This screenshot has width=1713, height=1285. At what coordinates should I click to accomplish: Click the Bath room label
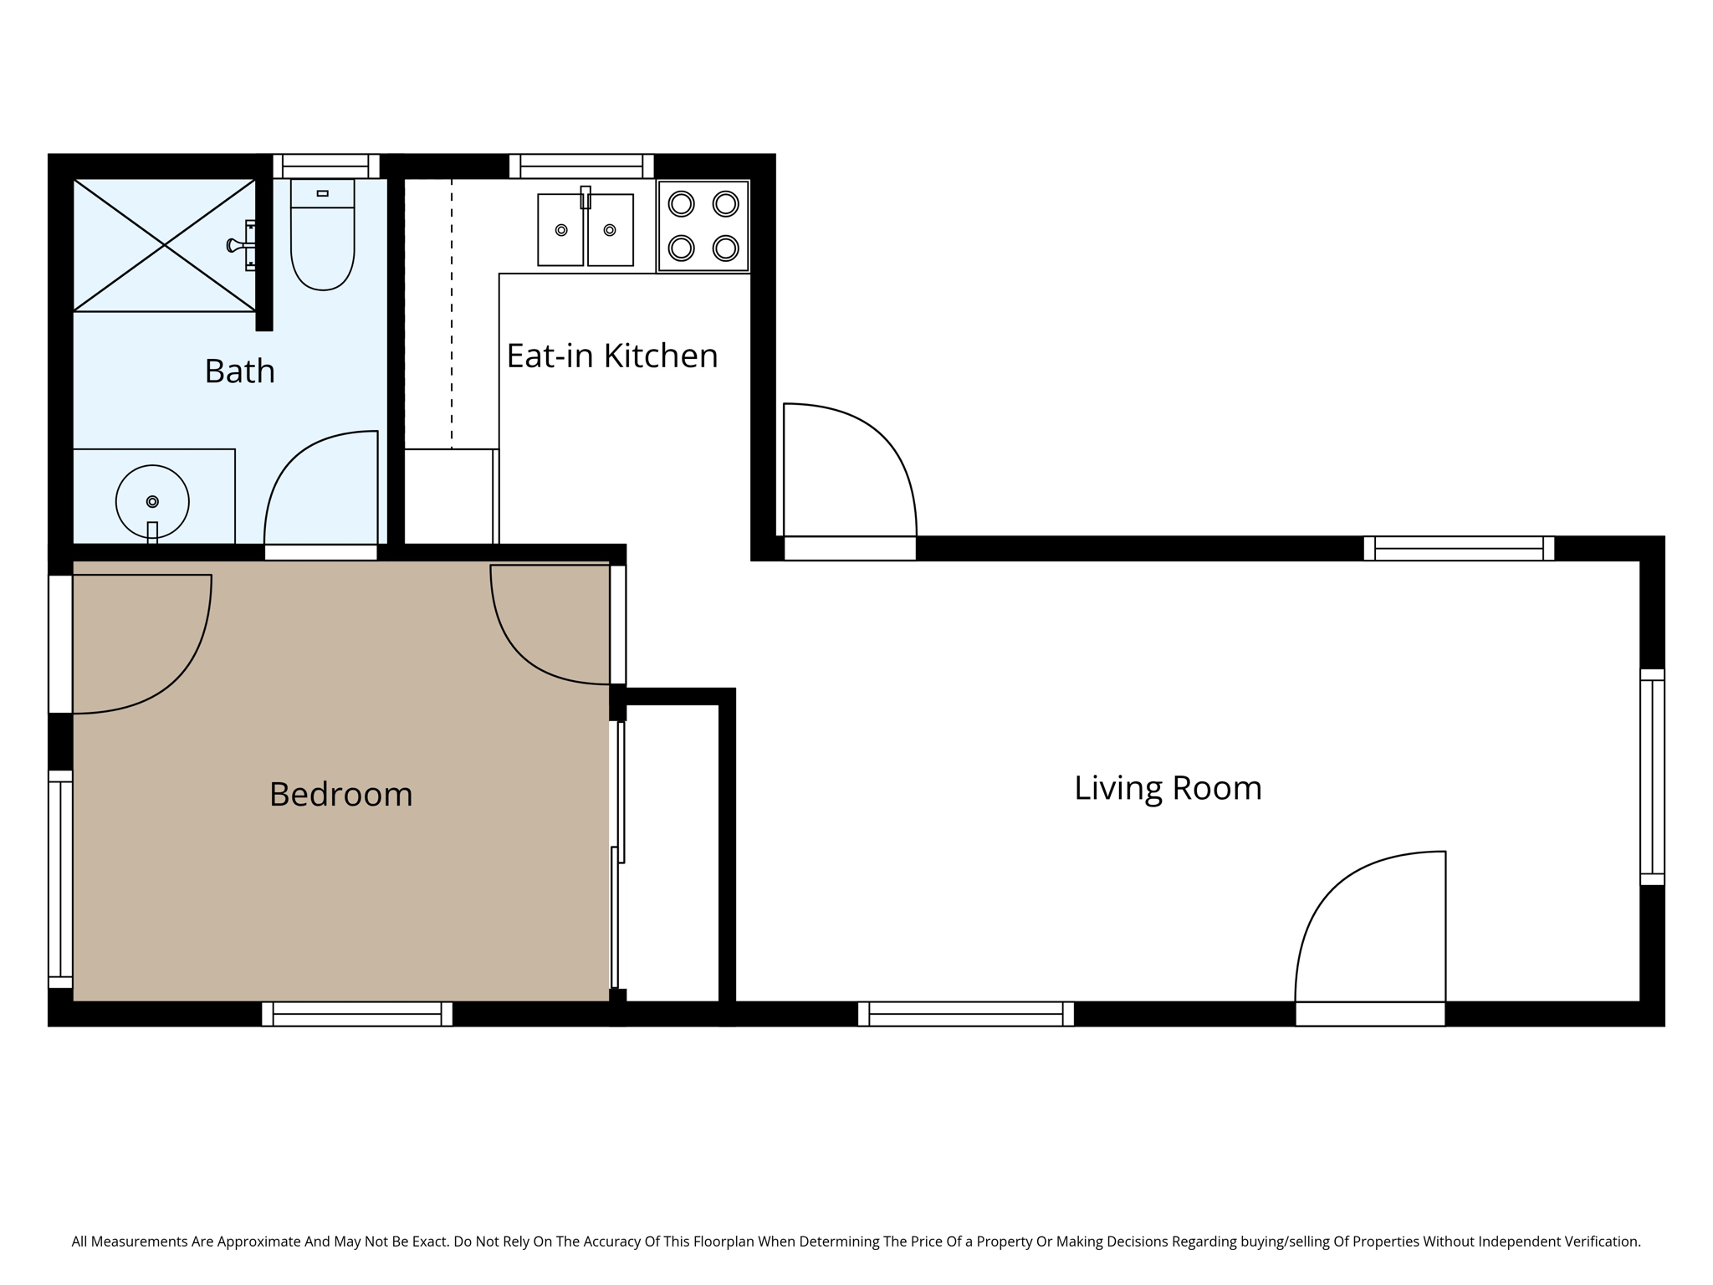(239, 371)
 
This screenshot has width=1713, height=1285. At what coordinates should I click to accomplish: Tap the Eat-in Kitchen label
(611, 356)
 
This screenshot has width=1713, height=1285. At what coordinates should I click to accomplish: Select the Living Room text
(1167, 788)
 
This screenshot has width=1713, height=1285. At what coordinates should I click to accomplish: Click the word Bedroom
(340, 794)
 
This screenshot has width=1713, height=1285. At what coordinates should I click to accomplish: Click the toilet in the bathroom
(323, 243)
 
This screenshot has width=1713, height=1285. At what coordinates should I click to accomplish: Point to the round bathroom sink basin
(152, 501)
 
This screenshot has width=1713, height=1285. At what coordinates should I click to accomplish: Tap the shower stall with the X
(164, 245)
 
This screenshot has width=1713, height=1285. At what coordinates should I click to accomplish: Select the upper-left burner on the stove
(682, 203)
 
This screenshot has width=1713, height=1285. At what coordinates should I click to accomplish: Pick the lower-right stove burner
(725, 248)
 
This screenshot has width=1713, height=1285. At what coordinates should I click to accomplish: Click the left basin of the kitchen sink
(560, 230)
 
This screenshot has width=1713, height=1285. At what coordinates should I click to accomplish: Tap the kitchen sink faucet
(585, 197)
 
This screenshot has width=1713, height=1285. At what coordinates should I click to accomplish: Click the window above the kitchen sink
(581, 166)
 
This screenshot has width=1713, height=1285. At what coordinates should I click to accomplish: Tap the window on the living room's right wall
(1652, 776)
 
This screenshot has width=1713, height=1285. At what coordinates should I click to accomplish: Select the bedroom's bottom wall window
(357, 1014)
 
